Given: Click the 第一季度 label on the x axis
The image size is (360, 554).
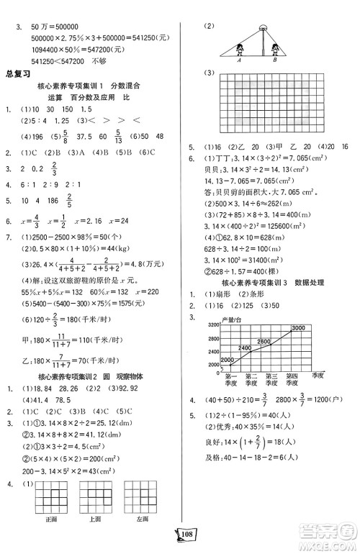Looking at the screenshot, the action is tap(232, 379).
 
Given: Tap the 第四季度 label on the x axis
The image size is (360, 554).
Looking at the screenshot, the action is tap(292, 379).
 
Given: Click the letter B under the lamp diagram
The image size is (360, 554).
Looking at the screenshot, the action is tap(275, 61).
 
